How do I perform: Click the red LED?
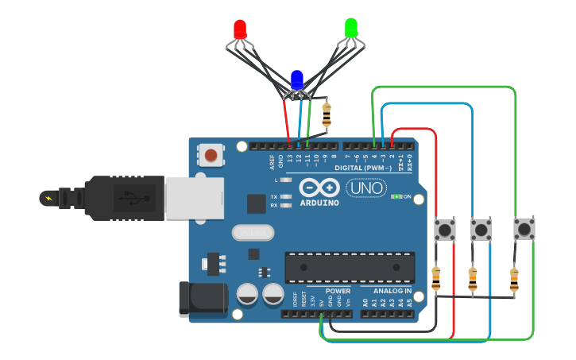[x=240, y=30]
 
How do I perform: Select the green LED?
[x=350, y=29]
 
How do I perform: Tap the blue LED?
[x=297, y=79]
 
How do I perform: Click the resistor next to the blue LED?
[x=327, y=116]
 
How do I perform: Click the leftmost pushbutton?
[x=446, y=230]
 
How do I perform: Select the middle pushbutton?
[x=481, y=230]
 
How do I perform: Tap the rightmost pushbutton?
[x=524, y=230]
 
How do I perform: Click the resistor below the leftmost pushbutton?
[x=435, y=278]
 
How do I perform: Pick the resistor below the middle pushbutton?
[x=473, y=278]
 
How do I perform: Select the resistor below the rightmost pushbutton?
[x=514, y=278]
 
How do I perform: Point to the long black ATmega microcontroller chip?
[x=350, y=267]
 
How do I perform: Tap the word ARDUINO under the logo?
[x=319, y=203]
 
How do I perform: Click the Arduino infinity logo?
[x=319, y=188]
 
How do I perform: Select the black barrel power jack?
[x=203, y=299]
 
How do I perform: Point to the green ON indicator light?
[x=395, y=196]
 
